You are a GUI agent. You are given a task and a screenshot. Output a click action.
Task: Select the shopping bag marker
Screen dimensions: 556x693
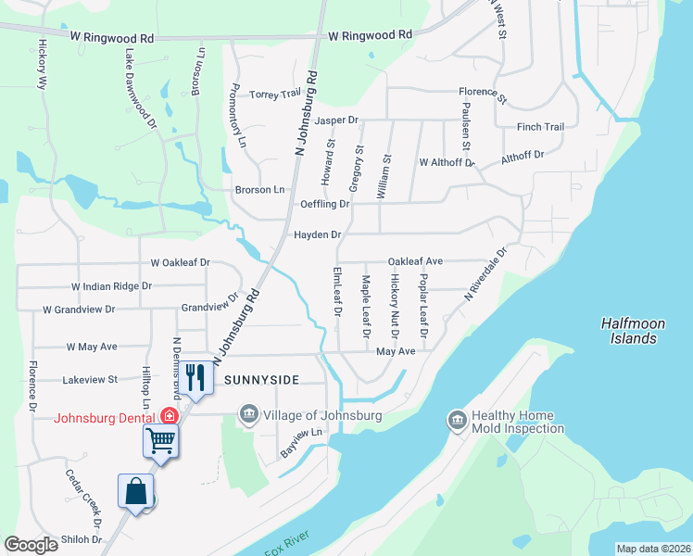pyautogui.click(x=135, y=491)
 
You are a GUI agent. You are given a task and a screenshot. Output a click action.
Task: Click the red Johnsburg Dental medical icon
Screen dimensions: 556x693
pyautogui.click(x=170, y=416)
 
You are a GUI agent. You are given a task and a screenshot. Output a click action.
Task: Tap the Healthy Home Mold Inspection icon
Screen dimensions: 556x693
pyautogui.click(x=457, y=422)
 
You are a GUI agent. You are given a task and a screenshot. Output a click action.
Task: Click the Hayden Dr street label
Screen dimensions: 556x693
pyautogui.click(x=318, y=235)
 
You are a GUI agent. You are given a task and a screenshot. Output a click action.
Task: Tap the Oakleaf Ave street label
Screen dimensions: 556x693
pyautogui.click(x=415, y=262)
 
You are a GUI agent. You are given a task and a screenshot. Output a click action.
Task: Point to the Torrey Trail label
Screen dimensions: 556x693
pyautogui.click(x=276, y=95)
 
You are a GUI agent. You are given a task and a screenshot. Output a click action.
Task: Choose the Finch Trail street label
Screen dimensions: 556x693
pyautogui.click(x=540, y=127)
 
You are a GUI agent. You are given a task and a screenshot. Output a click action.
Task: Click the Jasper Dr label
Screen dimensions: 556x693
pyautogui.click(x=335, y=120)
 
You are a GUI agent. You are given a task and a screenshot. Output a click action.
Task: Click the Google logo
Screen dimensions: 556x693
pyautogui.click(x=31, y=545)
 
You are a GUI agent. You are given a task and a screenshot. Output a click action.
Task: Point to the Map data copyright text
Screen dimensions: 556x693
pyautogui.click(x=653, y=549)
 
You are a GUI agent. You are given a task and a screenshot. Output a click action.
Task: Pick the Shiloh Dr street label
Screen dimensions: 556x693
pyautogui.click(x=82, y=539)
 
